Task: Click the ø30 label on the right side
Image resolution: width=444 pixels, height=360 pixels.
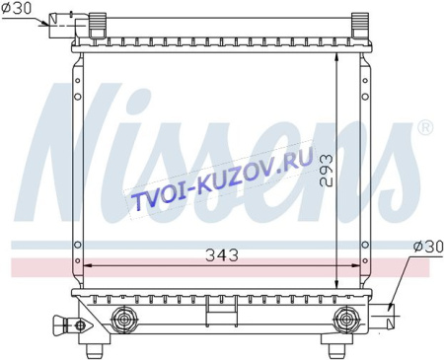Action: [426, 246]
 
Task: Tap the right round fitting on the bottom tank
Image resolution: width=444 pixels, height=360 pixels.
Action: [348, 319]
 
